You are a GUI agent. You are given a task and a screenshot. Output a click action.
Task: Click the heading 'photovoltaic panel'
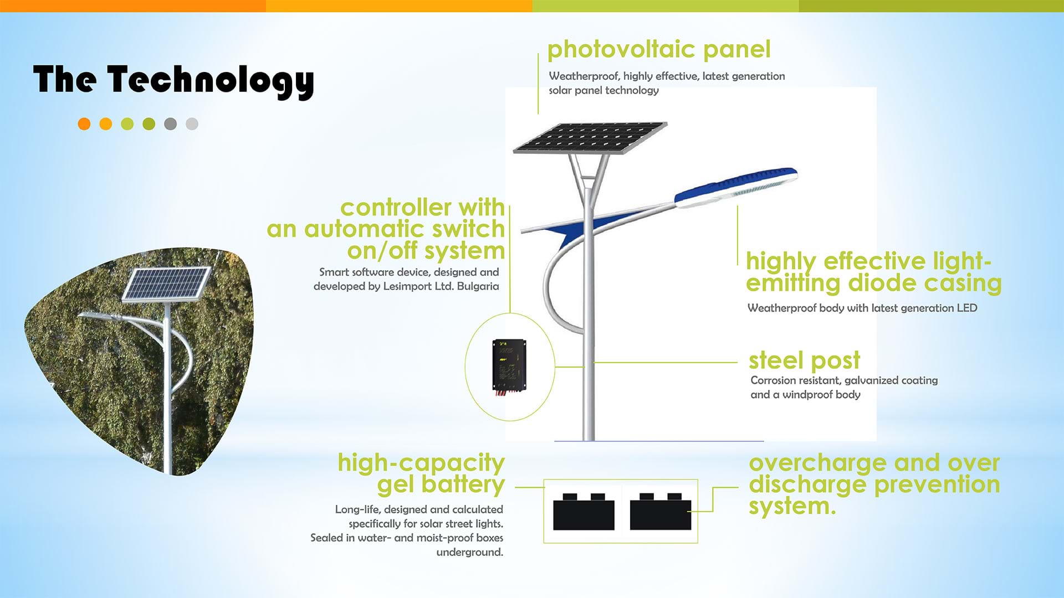659,50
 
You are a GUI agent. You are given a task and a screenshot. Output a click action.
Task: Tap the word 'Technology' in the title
211,81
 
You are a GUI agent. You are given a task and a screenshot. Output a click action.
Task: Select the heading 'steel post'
804,360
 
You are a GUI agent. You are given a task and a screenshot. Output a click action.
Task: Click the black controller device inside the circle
509,366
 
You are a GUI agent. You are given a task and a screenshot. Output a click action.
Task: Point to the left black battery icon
584,512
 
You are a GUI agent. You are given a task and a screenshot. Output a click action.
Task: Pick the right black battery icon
661,512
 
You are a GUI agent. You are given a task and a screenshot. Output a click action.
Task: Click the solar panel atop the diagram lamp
590,137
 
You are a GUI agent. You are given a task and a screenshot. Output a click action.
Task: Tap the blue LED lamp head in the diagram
736,187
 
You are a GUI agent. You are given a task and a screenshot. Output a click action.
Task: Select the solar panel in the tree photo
166,284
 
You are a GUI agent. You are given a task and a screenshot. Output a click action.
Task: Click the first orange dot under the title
84,124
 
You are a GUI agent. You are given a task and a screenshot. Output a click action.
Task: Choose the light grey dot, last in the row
192,124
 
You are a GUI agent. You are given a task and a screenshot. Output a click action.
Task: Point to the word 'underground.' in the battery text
469,552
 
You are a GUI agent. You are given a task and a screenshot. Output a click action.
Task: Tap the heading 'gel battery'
441,484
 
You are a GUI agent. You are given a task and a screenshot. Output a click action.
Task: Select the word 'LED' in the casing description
967,308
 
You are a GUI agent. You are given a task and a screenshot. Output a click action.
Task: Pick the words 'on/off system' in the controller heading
426,251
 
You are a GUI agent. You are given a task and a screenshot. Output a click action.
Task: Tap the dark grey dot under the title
170,124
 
